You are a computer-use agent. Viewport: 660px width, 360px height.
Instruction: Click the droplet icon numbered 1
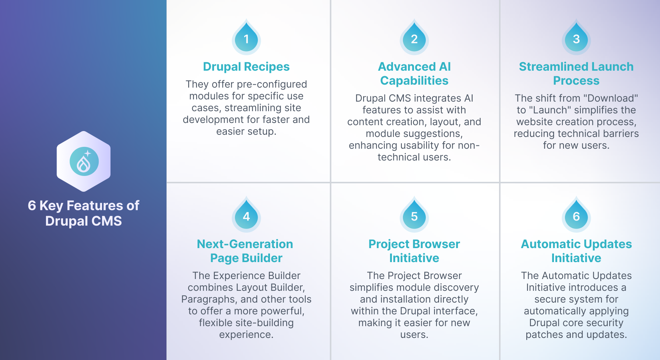pos(246,37)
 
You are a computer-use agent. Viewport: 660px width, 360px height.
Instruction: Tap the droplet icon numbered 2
pos(414,37)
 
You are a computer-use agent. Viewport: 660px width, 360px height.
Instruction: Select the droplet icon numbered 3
pos(576,37)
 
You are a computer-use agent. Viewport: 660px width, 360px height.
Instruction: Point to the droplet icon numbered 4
pos(246,215)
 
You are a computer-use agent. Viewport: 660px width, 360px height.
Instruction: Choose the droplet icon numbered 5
pos(414,215)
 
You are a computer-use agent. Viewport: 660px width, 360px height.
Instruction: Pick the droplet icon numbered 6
pos(576,215)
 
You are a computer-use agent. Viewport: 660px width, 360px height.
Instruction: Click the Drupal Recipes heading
pos(246,67)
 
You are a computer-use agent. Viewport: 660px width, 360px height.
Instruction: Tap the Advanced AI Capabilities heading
pos(414,74)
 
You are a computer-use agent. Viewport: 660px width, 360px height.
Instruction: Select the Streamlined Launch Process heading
pos(576,74)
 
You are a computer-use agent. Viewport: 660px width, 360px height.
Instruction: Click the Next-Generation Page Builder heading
pos(245,251)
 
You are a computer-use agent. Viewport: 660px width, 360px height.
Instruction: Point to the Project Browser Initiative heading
pos(414,251)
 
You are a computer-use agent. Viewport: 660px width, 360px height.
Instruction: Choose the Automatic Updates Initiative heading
pos(576,251)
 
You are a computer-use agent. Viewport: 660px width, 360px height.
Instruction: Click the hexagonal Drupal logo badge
pos(84,161)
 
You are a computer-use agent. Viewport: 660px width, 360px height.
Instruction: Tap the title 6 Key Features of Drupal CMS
pos(84,213)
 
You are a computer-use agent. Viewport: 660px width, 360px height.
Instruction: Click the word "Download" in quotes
pos(611,98)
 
